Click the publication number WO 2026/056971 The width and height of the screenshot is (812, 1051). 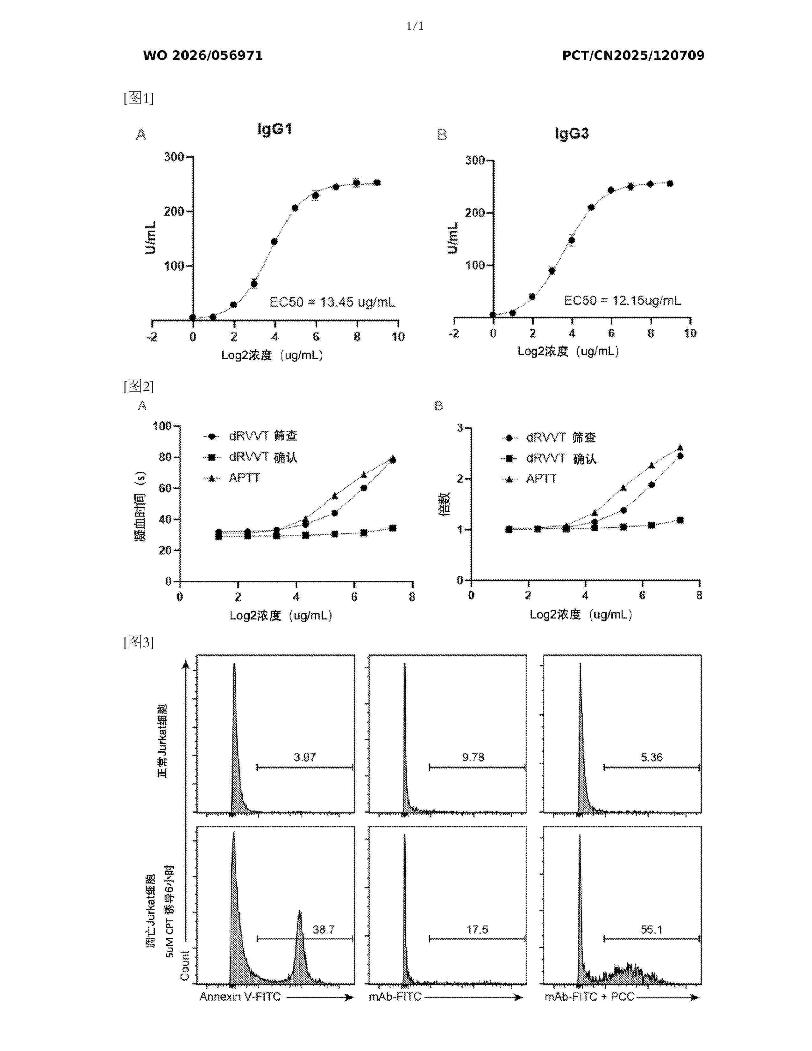click(203, 56)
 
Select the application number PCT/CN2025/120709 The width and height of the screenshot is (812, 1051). click(633, 56)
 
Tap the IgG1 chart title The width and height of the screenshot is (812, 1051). click(275, 129)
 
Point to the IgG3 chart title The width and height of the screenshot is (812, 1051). click(572, 133)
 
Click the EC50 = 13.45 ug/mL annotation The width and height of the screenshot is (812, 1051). click(332, 302)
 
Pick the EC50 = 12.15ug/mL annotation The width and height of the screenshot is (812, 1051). click(623, 301)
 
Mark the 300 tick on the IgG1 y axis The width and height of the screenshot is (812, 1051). click(174, 157)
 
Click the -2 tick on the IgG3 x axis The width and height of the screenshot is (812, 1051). click(454, 333)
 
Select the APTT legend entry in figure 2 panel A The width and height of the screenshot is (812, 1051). click(244, 478)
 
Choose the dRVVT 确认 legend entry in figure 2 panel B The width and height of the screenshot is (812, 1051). click(561, 459)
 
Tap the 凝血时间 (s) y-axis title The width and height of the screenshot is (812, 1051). click(140, 506)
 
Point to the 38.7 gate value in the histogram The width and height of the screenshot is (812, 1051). click(323, 930)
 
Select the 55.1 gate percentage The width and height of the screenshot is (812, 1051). click(651, 930)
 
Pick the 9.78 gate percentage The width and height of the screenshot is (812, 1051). click(473, 757)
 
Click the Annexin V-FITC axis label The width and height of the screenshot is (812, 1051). click(240, 997)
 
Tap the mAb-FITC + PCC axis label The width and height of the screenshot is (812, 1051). click(589, 997)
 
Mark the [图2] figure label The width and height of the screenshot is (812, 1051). click(139, 386)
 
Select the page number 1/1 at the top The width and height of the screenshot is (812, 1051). click(415, 26)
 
